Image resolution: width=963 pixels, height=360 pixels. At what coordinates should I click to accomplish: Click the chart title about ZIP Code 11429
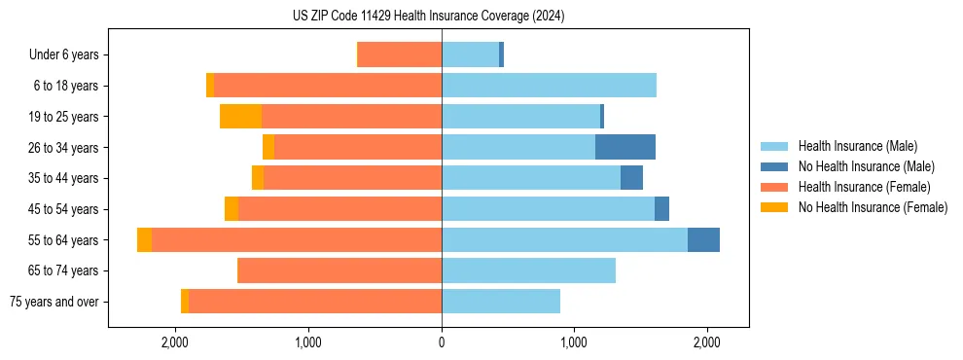[428, 16]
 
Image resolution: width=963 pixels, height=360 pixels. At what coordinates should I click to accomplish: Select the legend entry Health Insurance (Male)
[857, 146]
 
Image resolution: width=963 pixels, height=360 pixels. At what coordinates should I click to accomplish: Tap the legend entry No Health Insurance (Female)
[873, 207]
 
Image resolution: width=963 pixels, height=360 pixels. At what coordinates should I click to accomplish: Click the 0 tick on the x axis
[442, 342]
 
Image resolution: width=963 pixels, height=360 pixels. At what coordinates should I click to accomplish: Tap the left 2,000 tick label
[175, 342]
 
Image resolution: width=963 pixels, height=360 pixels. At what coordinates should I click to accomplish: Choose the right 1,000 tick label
[574, 342]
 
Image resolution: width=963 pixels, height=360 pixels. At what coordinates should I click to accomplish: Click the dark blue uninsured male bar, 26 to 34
[624, 147]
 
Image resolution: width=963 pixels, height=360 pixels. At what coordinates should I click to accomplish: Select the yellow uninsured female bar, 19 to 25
[240, 117]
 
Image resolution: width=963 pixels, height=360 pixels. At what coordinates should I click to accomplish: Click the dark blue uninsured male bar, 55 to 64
[703, 240]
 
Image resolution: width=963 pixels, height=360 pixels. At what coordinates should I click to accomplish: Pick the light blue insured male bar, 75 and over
[501, 302]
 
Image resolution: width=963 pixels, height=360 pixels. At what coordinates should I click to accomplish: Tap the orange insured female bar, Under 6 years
[400, 54]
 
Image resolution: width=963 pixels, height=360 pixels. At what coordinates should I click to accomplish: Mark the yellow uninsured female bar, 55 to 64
[144, 240]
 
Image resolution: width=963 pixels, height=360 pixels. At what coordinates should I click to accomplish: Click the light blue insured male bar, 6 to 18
[549, 86]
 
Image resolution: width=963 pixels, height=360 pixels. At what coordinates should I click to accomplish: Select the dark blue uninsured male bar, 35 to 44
[631, 178]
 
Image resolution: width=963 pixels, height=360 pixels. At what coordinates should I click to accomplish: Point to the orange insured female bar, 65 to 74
[339, 270]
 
